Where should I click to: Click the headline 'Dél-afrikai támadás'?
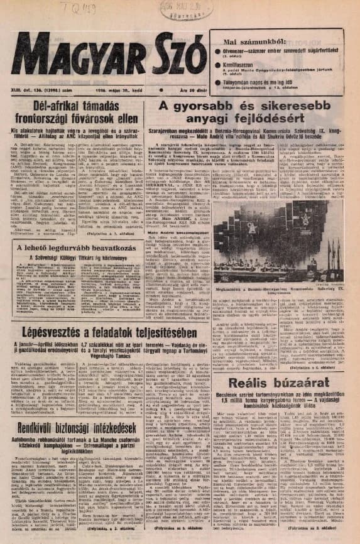[75, 106]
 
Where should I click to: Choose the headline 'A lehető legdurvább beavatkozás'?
[75, 249]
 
